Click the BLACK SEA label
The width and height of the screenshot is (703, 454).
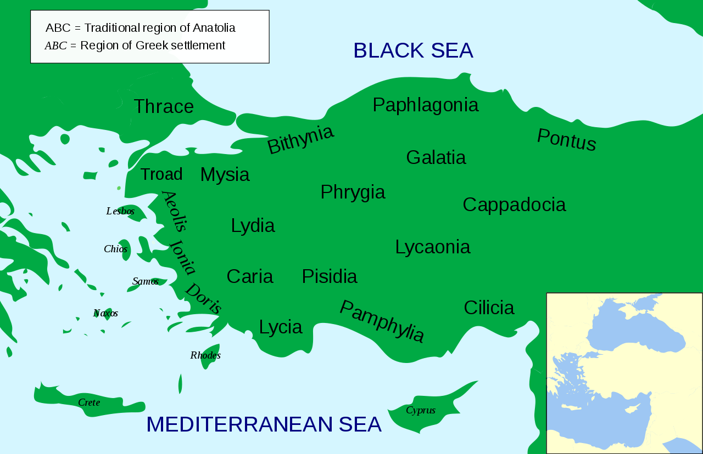413,50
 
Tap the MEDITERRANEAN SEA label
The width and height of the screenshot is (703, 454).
264,424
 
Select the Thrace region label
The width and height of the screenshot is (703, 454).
164,106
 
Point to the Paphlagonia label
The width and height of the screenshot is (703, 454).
425,105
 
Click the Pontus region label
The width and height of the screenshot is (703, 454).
566,140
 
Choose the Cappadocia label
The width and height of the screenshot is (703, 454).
514,205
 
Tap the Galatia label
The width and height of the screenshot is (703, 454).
436,157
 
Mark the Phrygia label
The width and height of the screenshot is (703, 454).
353,192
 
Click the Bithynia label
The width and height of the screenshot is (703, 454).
300,139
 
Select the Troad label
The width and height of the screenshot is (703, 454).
161,174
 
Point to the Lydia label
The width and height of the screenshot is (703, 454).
253,225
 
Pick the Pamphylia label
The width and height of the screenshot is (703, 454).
382,321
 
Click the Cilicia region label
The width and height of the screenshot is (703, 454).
489,308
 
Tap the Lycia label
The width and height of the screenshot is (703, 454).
280,327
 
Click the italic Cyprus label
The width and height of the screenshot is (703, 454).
421,410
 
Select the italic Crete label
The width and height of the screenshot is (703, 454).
89,402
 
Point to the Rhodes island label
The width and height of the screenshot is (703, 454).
205,355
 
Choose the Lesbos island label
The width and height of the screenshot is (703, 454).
120,211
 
